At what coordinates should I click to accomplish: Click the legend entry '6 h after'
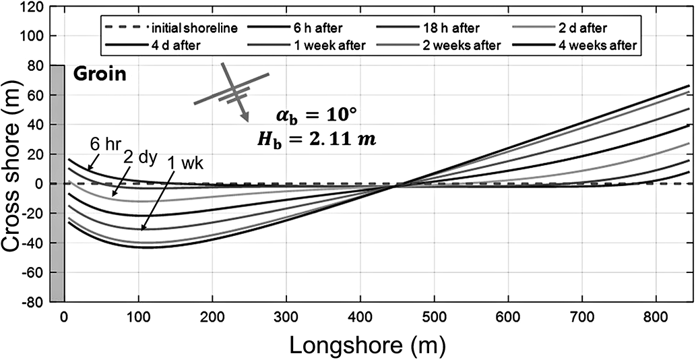click(x=316, y=28)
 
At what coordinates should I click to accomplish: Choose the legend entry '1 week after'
click(x=327, y=45)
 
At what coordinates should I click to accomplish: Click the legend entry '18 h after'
click(x=451, y=28)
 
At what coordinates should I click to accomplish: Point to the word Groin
click(x=99, y=73)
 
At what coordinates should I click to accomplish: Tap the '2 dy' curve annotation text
click(x=139, y=159)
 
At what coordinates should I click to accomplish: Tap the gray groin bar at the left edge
click(x=57, y=182)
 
